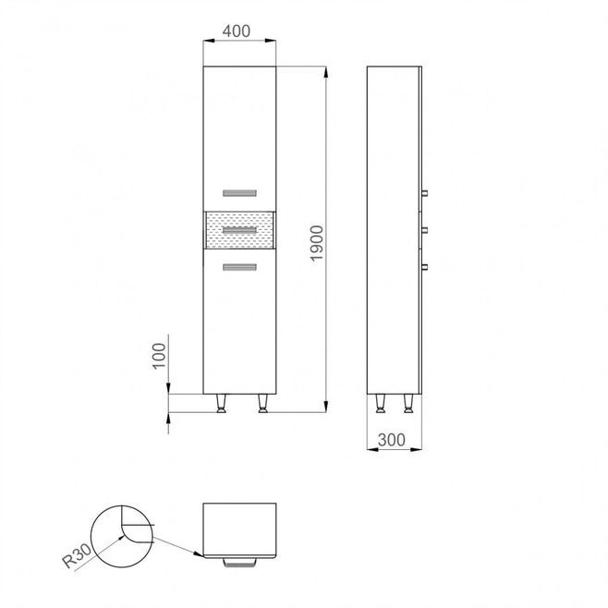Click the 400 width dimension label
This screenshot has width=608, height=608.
pos(237,31)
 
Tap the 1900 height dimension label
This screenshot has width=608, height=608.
pos(317,244)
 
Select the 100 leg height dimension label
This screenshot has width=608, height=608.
pos(159,356)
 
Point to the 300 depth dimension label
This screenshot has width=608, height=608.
pos(392,440)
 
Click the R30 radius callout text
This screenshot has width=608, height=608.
pos(78,555)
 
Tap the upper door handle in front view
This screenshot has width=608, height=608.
pos(239,193)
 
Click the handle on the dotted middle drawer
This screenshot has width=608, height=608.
pos(239,230)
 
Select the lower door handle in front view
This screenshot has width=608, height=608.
pos(239,267)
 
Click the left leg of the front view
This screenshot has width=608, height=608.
pos(221,403)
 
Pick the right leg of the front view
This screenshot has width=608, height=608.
pos(263,403)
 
